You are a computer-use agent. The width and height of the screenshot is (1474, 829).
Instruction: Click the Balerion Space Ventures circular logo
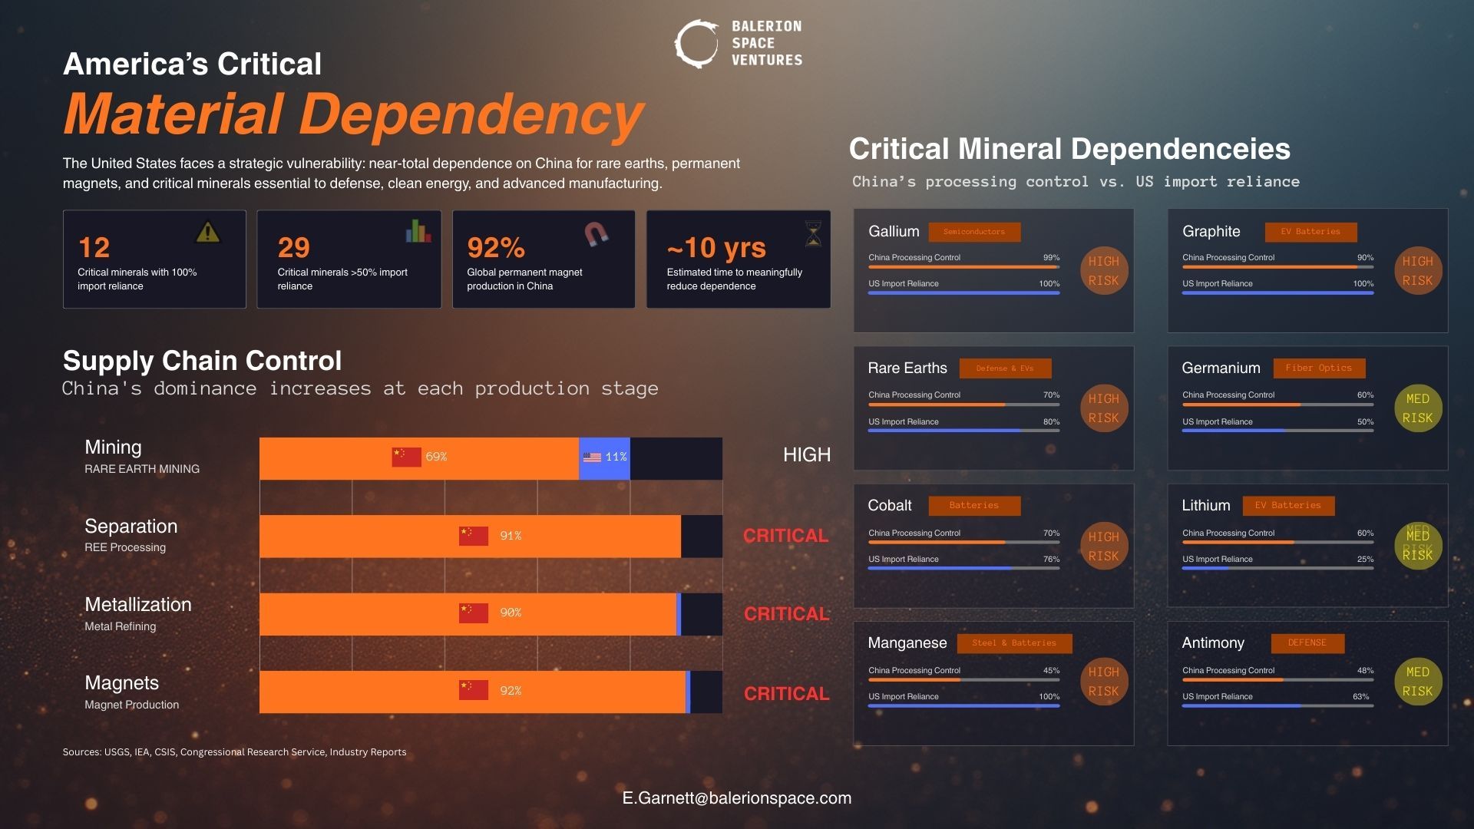click(x=696, y=44)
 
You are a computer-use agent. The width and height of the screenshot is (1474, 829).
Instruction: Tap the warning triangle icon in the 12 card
click(x=207, y=232)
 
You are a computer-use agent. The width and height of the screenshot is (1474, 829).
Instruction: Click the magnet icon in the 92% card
click(x=597, y=233)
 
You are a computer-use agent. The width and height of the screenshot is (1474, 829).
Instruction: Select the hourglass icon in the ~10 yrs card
click(x=813, y=233)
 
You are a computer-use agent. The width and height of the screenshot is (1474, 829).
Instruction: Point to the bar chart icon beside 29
click(x=418, y=231)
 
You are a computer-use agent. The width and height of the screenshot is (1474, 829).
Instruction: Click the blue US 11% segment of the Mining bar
click(x=604, y=457)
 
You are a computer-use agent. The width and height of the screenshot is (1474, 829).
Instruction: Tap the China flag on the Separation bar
click(x=473, y=536)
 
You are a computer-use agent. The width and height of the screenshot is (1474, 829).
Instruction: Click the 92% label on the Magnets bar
click(x=511, y=691)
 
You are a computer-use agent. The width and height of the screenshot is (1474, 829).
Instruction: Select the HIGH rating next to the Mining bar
click(x=806, y=455)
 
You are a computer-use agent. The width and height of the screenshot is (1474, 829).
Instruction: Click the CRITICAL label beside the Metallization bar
click(x=786, y=614)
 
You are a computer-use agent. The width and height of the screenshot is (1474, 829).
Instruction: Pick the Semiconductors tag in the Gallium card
click(x=973, y=232)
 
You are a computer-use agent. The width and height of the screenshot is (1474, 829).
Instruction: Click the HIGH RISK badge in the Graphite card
click(x=1417, y=271)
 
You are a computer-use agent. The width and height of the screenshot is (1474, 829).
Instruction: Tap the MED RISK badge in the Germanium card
click(x=1417, y=408)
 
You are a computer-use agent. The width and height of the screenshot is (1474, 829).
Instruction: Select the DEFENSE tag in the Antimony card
click(x=1307, y=643)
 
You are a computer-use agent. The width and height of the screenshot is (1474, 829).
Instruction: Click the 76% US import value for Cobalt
click(x=1051, y=560)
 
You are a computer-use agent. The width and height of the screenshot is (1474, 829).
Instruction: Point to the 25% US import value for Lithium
click(x=1365, y=560)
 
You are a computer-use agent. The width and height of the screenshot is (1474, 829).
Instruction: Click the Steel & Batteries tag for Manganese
click(x=1013, y=643)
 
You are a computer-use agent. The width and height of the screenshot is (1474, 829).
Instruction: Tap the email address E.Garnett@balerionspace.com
click(x=736, y=798)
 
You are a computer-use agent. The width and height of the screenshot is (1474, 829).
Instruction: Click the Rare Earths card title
click(x=907, y=368)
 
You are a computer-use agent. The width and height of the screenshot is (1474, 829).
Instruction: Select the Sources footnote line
click(x=234, y=752)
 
